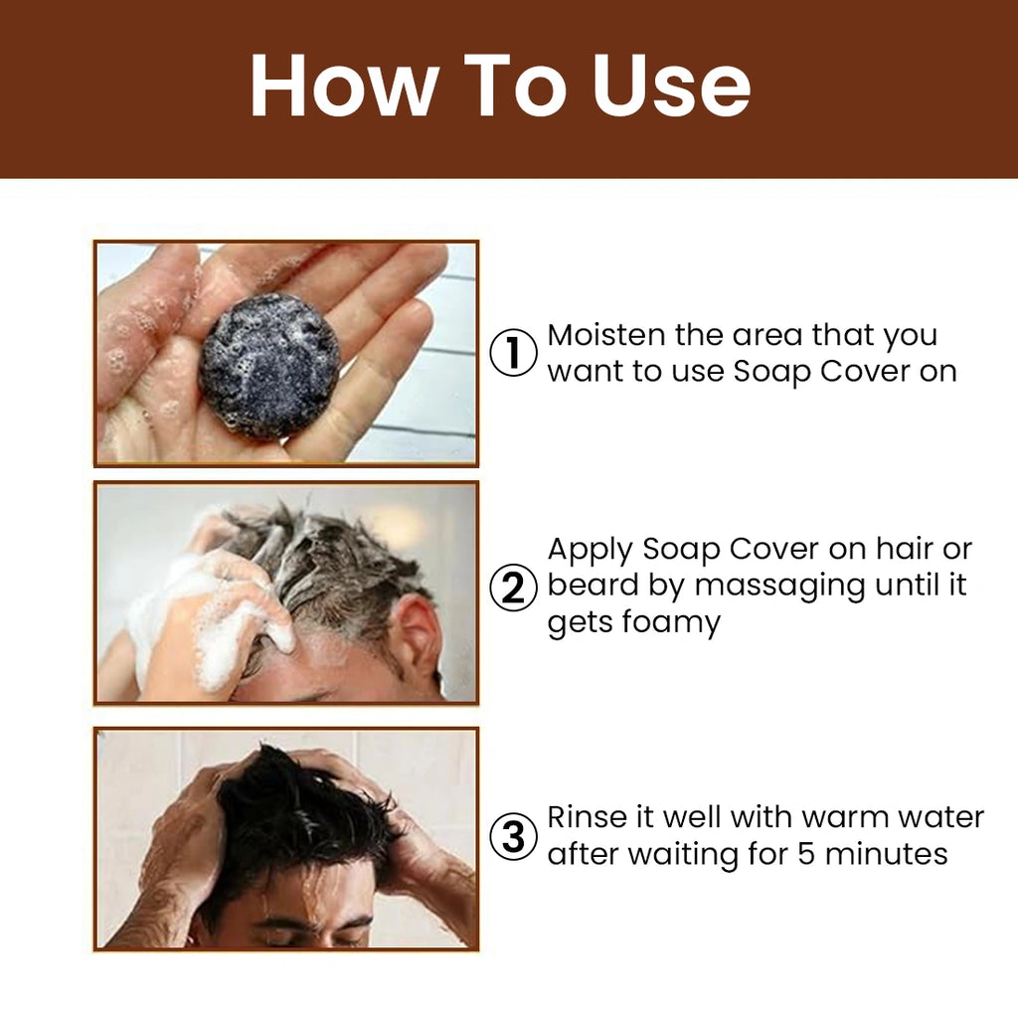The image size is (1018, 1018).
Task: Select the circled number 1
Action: pos(513,353)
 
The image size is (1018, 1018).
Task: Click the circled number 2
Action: pos(513,588)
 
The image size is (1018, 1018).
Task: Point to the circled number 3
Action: pos(513,836)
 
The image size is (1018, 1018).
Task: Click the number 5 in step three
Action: pos(806,854)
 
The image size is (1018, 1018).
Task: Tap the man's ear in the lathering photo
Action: pos(417,633)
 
